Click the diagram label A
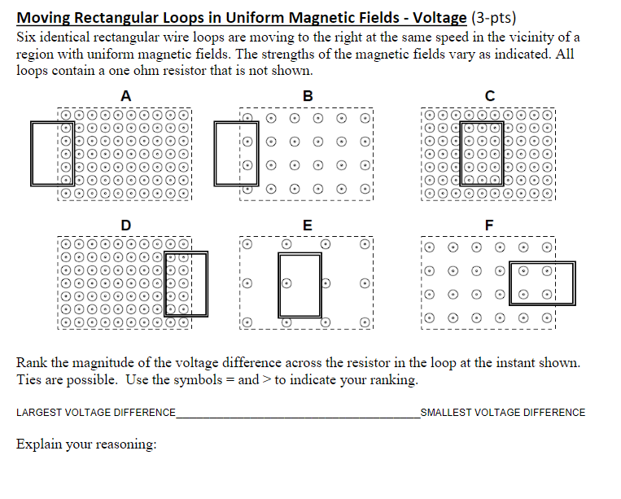(x=125, y=96)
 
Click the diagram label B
(x=306, y=96)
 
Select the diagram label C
(x=488, y=96)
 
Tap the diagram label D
(x=125, y=224)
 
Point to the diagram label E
(x=306, y=224)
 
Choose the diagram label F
(x=488, y=224)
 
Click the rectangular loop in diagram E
(x=300, y=284)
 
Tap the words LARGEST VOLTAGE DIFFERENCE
(x=95, y=413)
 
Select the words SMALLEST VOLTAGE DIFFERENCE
(x=503, y=413)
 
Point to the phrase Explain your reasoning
(x=86, y=444)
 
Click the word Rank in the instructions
(x=31, y=363)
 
